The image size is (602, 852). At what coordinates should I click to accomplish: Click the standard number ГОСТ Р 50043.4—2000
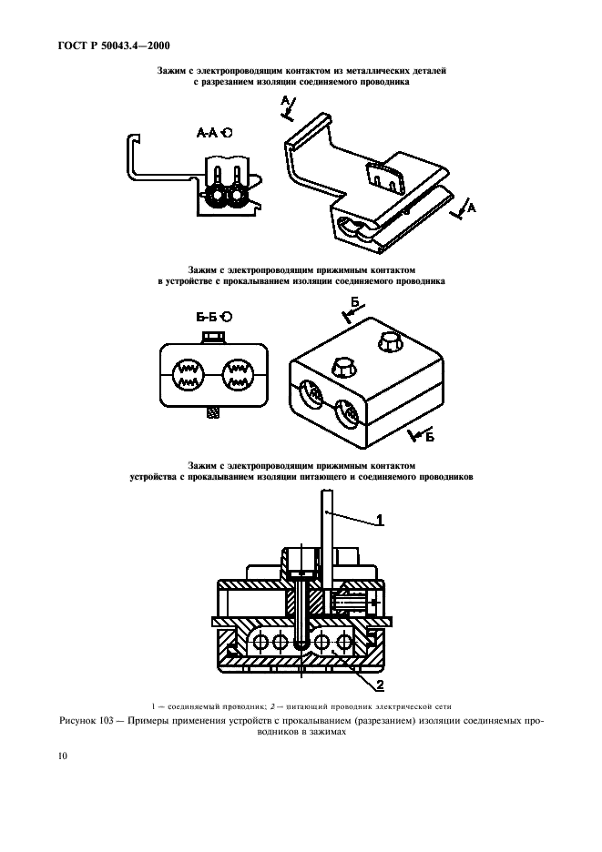click(x=114, y=46)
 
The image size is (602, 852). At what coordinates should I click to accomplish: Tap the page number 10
click(x=63, y=756)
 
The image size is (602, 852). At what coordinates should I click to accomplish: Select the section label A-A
click(x=208, y=132)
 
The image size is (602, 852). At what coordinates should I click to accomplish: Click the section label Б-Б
click(x=207, y=316)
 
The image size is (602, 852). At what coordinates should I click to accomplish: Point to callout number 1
click(x=380, y=520)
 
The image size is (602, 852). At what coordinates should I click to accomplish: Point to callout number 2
click(x=380, y=685)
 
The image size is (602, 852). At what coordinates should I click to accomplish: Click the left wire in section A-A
click(x=217, y=196)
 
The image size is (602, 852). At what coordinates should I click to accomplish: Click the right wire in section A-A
click(x=237, y=196)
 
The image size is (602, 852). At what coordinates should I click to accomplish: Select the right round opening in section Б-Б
click(x=239, y=374)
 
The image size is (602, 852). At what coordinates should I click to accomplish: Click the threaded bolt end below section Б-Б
click(x=213, y=412)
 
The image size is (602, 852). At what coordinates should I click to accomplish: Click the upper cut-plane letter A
click(x=285, y=100)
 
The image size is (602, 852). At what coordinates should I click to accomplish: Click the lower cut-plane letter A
click(x=472, y=208)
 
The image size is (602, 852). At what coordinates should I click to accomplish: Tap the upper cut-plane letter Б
click(x=355, y=302)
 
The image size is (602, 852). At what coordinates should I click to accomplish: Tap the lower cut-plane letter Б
click(x=429, y=436)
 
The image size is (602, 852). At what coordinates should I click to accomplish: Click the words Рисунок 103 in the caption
click(x=86, y=721)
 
